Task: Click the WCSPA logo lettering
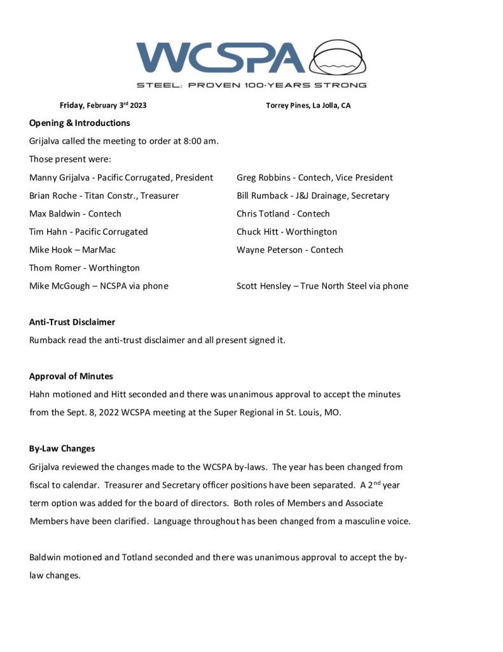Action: click(x=220, y=59)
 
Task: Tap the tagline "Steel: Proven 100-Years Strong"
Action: click(x=251, y=85)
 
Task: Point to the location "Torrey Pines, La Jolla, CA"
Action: click(x=308, y=106)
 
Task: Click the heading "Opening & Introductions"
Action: click(x=79, y=123)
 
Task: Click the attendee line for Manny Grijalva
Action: click(x=121, y=178)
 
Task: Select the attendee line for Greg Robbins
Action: click(x=314, y=178)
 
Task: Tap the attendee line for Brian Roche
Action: click(x=104, y=195)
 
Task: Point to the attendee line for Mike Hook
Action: click(x=72, y=250)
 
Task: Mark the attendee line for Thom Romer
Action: click(x=84, y=268)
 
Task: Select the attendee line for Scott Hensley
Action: click(x=322, y=286)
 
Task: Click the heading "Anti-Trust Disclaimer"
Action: click(x=72, y=322)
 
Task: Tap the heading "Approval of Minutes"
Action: click(x=71, y=376)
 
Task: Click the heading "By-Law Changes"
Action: click(x=60, y=448)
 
